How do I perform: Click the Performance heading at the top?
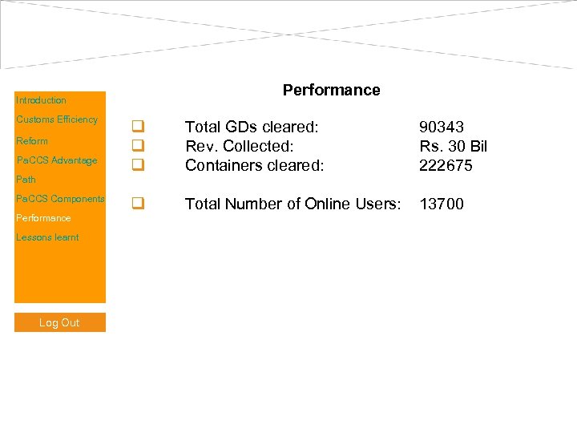[x=331, y=91]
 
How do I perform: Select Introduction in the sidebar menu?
[x=41, y=100]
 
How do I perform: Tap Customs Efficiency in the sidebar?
[x=57, y=119]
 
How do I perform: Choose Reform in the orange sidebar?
[x=32, y=141]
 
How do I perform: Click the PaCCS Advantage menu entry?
[x=57, y=160]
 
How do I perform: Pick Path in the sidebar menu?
[x=26, y=180]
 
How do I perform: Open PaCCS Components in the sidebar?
[x=60, y=199]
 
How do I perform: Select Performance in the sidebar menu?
[x=43, y=218]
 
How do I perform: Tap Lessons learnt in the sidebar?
[x=47, y=237]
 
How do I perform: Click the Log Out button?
[x=59, y=322]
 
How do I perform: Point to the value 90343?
[x=442, y=127]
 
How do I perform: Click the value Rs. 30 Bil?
[x=453, y=146]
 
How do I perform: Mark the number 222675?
[x=446, y=165]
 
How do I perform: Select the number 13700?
[x=442, y=204]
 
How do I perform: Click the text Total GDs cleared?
[x=252, y=127]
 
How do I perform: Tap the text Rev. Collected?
[x=240, y=146]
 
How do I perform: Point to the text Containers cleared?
[x=254, y=165]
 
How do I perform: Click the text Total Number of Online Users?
[x=293, y=204]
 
